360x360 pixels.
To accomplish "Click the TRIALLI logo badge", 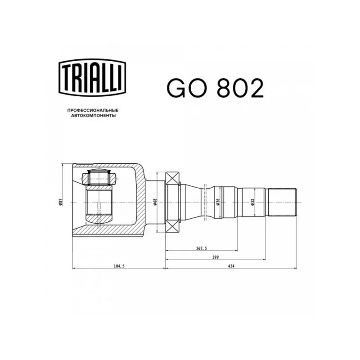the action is [x=93, y=77].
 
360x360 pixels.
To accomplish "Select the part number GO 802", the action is [x=215, y=88].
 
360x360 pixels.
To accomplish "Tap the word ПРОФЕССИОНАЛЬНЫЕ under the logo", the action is [x=93, y=110].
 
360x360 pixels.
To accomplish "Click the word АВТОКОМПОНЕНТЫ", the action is [x=93, y=116].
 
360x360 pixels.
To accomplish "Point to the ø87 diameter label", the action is [x=60, y=202].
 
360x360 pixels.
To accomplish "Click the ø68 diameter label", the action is [x=155, y=202].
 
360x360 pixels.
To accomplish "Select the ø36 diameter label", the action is [x=218, y=202].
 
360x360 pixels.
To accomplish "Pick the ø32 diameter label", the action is [x=252, y=202].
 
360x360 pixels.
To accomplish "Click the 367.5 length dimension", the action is [x=202, y=248].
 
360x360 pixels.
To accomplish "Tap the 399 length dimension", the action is [x=216, y=257].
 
